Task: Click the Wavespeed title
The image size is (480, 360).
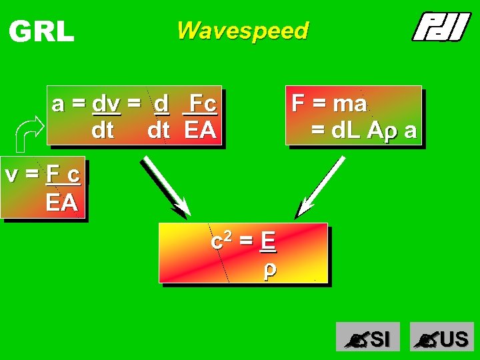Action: (x=243, y=31)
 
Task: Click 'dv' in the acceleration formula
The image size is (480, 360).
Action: (x=107, y=104)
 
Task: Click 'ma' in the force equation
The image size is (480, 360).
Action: (x=349, y=103)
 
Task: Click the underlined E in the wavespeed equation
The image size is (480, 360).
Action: (x=267, y=240)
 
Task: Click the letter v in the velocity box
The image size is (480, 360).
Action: (x=11, y=175)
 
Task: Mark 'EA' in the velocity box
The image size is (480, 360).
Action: (x=61, y=202)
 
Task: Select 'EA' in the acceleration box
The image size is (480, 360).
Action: (x=200, y=130)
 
